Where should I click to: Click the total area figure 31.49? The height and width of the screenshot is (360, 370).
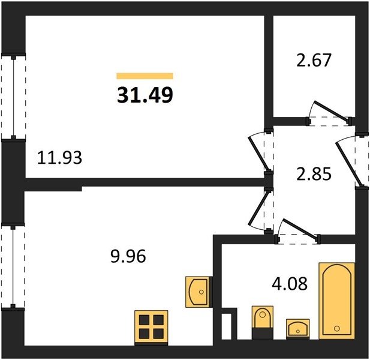[145, 95]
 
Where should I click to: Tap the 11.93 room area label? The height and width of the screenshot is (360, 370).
[60, 158]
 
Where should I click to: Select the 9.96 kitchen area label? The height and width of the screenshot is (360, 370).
[128, 256]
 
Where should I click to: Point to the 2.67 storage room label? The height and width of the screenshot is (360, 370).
[314, 60]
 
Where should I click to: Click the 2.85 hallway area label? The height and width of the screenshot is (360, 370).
[314, 174]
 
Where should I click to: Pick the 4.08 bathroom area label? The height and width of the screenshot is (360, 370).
[290, 284]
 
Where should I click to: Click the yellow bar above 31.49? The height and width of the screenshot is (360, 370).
[145, 76]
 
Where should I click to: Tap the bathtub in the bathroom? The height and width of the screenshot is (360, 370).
[337, 301]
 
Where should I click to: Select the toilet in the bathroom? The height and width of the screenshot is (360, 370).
[263, 322]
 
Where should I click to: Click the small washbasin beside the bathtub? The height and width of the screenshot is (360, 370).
[298, 329]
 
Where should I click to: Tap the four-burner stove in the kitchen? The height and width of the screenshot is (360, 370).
[151, 328]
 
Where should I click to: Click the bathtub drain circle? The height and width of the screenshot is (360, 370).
[337, 328]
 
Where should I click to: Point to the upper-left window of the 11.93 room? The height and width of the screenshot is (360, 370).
[13, 97]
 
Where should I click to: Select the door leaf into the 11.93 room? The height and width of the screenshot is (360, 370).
[259, 154]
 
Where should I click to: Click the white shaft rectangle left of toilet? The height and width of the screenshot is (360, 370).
[226, 326]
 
